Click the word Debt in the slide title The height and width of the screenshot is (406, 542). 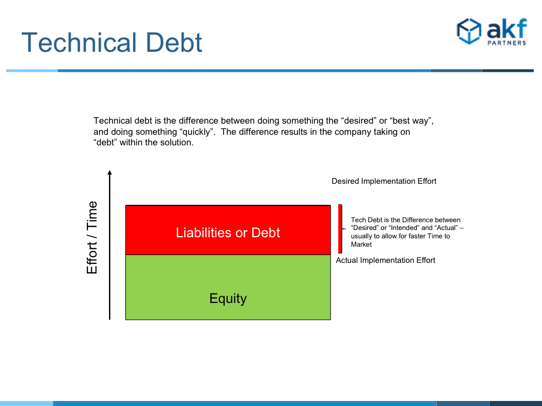(174, 42)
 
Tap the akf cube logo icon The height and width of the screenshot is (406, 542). (469, 31)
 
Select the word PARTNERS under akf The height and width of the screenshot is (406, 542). (507, 43)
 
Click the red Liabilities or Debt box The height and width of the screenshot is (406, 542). (228, 230)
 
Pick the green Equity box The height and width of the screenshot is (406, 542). (228, 287)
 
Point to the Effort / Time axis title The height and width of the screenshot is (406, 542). (92, 238)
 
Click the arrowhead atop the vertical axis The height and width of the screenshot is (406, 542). (110, 173)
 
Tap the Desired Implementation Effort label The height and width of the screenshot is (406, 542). (384, 181)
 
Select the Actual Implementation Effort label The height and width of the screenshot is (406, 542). (386, 260)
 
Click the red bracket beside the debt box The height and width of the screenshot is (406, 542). (341, 229)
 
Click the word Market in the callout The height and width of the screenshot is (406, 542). (361, 244)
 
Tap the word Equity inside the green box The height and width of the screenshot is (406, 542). (228, 299)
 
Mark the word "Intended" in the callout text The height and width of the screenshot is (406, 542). (403, 228)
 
